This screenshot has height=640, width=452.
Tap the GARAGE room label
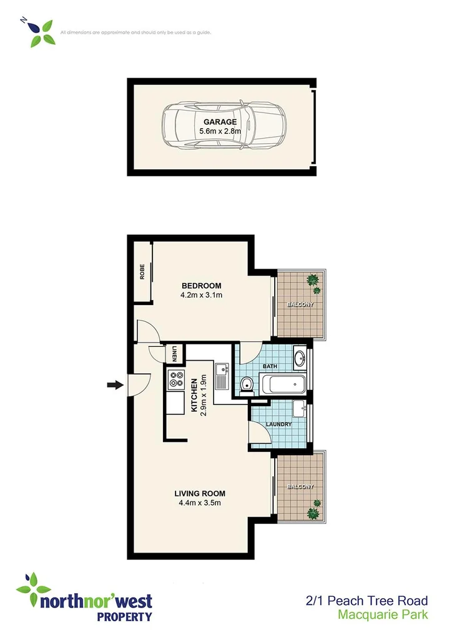pos(219,122)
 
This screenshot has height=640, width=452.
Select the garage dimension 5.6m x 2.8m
pos(220,131)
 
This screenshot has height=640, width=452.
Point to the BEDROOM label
pos(200,286)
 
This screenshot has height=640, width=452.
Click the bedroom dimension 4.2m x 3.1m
pos(201,296)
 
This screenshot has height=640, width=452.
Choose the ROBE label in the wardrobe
pos(142,272)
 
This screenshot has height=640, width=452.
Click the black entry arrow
pos(115,385)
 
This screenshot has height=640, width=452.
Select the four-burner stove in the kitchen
pos(175,378)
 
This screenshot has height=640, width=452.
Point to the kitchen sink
pos(222,374)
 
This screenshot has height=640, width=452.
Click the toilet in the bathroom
pos(246,384)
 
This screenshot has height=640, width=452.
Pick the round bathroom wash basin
pos(299,358)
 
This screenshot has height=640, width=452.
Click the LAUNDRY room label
pos(278,424)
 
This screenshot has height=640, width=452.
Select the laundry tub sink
pos(298,409)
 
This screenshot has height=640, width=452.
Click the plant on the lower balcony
pos(315,509)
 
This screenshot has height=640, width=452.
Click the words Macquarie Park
pos(383,614)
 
